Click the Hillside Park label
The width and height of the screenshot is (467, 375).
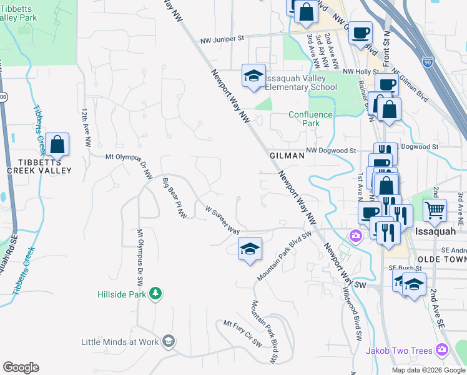pyautogui.click(x=122, y=294)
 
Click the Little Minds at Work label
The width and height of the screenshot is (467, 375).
pyautogui.click(x=120, y=342)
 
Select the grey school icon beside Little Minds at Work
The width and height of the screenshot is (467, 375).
pyautogui.click(x=168, y=341)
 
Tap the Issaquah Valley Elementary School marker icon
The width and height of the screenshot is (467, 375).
pyautogui.click(x=252, y=76)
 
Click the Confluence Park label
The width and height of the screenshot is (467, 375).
pyautogui.click(x=304, y=119)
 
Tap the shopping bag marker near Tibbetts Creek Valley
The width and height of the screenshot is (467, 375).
pyautogui.click(x=57, y=144)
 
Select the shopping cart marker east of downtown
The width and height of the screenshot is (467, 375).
pyautogui.click(x=435, y=209)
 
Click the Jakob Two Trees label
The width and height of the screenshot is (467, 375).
pyautogui.click(x=399, y=351)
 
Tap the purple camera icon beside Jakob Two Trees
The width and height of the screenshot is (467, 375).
pyautogui.click(x=442, y=350)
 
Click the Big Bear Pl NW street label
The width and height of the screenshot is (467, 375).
pyautogui.click(x=175, y=198)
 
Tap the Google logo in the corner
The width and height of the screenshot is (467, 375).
pyautogui.click(x=21, y=367)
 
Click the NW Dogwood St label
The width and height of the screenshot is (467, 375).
pyautogui.click(x=331, y=151)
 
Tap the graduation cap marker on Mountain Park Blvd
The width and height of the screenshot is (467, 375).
pyautogui.click(x=250, y=249)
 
